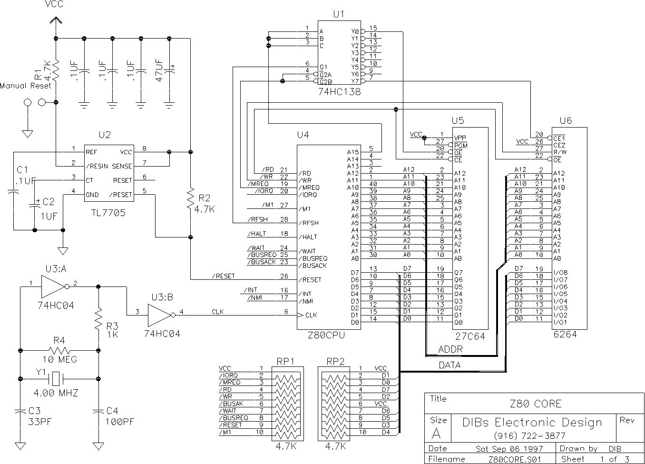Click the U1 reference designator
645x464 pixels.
(339, 14)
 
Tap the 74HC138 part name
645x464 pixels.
(340, 91)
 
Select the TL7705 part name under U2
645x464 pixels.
(108, 213)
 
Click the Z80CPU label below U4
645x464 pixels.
(326, 335)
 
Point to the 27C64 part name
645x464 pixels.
(470, 336)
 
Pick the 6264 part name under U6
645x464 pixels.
(565, 334)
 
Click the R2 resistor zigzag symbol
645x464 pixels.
(190, 199)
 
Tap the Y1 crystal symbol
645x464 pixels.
(56, 379)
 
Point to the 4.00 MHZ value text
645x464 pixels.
(56, 393)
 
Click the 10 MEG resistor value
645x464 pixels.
(60, 359)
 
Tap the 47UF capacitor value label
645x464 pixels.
(159, 70)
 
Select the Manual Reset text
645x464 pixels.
(25, 86)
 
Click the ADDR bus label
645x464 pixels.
(450, 349)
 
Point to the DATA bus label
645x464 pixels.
(450, 365)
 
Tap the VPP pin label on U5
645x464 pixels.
(460, 138)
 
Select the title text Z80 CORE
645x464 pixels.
(536, 404)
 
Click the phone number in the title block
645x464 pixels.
(530, 436)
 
